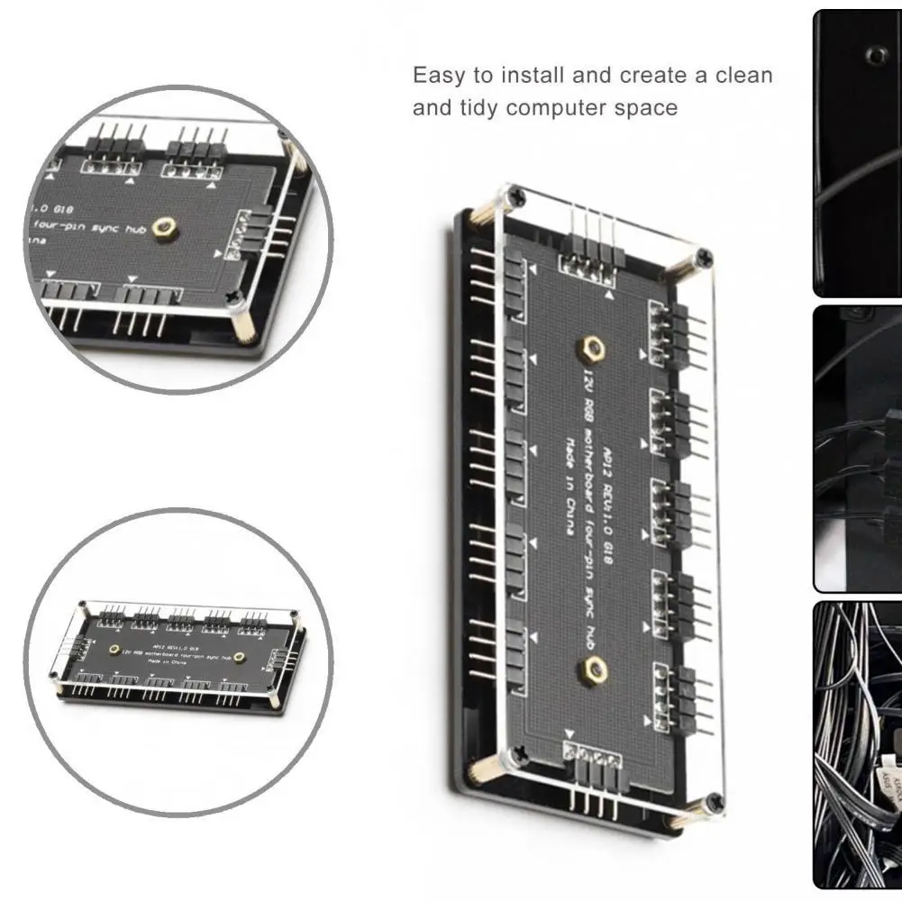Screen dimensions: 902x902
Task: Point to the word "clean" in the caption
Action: (x=744, y=75)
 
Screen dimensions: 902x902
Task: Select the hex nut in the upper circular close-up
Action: (x=164, y=227)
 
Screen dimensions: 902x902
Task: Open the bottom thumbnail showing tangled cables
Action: (x=857, y=743)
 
